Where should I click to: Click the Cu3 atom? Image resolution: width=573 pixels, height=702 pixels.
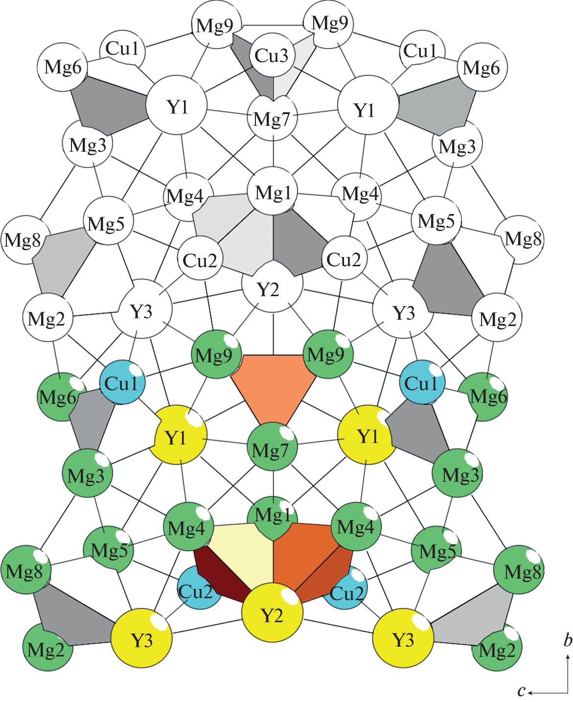pyautogui.click(x=272, y=55)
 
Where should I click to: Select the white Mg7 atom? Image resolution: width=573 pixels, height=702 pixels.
pyautogui.click(x=272, y=118)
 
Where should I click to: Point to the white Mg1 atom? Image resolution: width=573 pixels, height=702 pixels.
pyautogui.click(x=273, y=193)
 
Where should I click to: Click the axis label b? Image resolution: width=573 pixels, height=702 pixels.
pyautogui.click(x=568, y=640)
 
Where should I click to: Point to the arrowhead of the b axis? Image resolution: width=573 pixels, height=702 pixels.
pyautogui.click(x=568, y=659)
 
